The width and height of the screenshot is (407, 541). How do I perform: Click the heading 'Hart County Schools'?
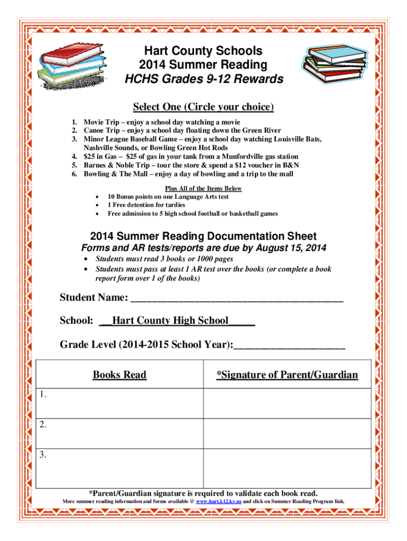point(203,51)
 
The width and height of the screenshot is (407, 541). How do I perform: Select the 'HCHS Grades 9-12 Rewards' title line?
point(203,80)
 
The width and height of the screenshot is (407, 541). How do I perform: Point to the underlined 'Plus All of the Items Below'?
point(203,189)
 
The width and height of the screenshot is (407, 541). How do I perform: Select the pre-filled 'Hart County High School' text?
point(170,321)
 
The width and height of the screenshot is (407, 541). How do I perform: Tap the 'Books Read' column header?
point(119,375)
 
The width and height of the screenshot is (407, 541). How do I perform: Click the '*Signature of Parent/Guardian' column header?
point(287,375)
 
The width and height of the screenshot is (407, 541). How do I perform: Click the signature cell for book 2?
point(287,433)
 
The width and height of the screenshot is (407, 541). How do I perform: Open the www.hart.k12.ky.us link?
point(218,501)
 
